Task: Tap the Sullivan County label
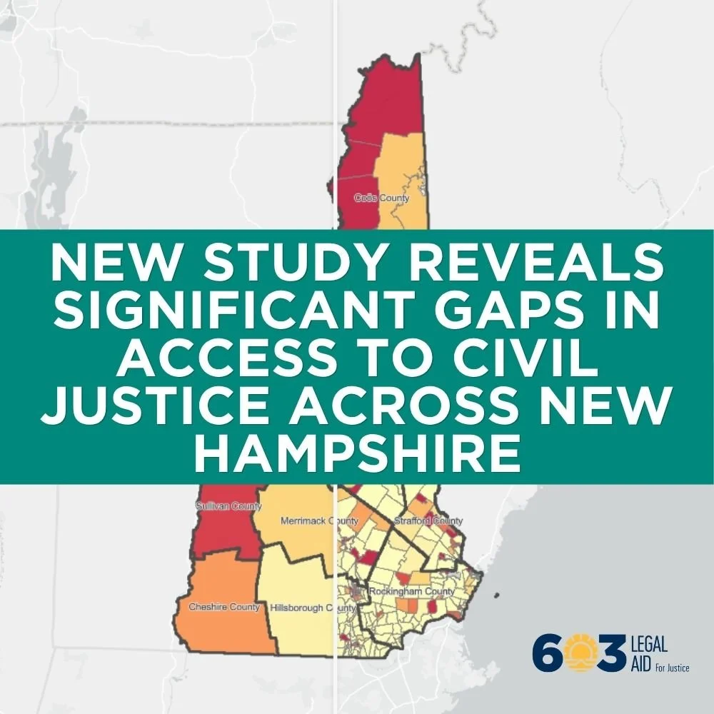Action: [228, 506]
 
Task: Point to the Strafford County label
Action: [428, 521]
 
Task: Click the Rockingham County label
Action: [411, 592]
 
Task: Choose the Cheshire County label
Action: [223, 607]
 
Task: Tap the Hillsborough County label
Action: [313, 608]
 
